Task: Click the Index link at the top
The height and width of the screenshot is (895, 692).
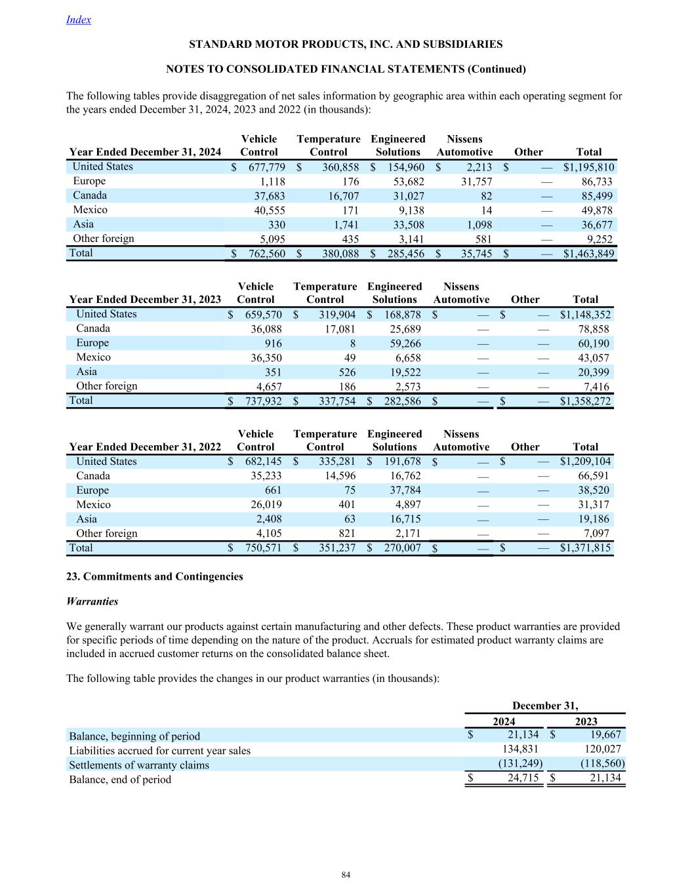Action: coord(79,20)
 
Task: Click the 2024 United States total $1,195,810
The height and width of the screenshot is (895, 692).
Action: coord(588,167)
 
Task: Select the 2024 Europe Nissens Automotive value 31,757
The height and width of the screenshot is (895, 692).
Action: coord(477,182)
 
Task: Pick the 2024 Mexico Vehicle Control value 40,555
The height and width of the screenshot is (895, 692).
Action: coord(269,210)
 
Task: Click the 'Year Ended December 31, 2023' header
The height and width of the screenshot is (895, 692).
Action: coord(145,300)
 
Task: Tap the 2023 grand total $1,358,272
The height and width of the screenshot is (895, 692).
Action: coord(585,401)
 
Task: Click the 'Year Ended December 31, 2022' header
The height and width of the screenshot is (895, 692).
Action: coord(145,447)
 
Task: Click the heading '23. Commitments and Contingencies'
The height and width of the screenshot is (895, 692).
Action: coord(155,577)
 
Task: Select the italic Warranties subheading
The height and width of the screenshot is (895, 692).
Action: coord(92,601)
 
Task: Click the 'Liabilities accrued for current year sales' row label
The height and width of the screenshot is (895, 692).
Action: coord(160,751)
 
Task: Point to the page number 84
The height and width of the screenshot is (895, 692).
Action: coord(346,875)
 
